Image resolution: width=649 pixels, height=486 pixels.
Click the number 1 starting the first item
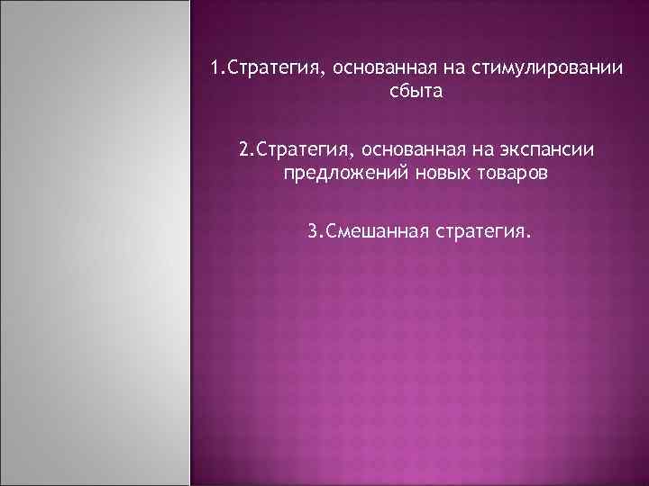(x=214, y=68)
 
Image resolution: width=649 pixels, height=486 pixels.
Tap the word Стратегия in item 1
(x=264, y=68)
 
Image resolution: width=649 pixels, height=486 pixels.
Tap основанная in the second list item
(x=393, y=147)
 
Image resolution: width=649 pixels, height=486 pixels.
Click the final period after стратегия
(x=529, y=238)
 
